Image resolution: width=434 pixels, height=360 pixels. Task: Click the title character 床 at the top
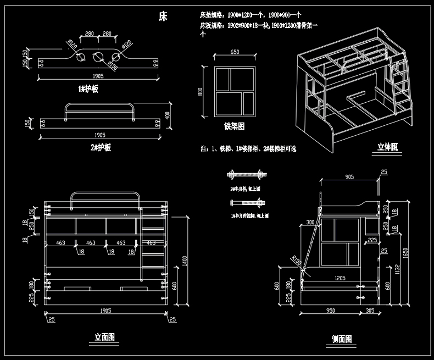(x=163, y=16)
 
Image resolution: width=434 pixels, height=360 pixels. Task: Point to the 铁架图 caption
(x=234, y=126)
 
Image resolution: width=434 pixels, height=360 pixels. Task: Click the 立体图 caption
(x=387, y=147)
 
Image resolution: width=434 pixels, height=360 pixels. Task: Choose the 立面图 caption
(x=104, y=336)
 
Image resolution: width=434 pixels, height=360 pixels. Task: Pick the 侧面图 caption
(x=342, y=339)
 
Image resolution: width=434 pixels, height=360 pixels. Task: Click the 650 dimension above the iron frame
(x=235, y=52)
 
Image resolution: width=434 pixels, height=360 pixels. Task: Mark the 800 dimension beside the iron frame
(x=201, y=91)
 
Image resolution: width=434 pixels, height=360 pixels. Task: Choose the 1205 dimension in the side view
(x=340, y=279)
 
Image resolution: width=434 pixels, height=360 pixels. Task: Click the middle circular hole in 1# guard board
(x=99, y=57)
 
